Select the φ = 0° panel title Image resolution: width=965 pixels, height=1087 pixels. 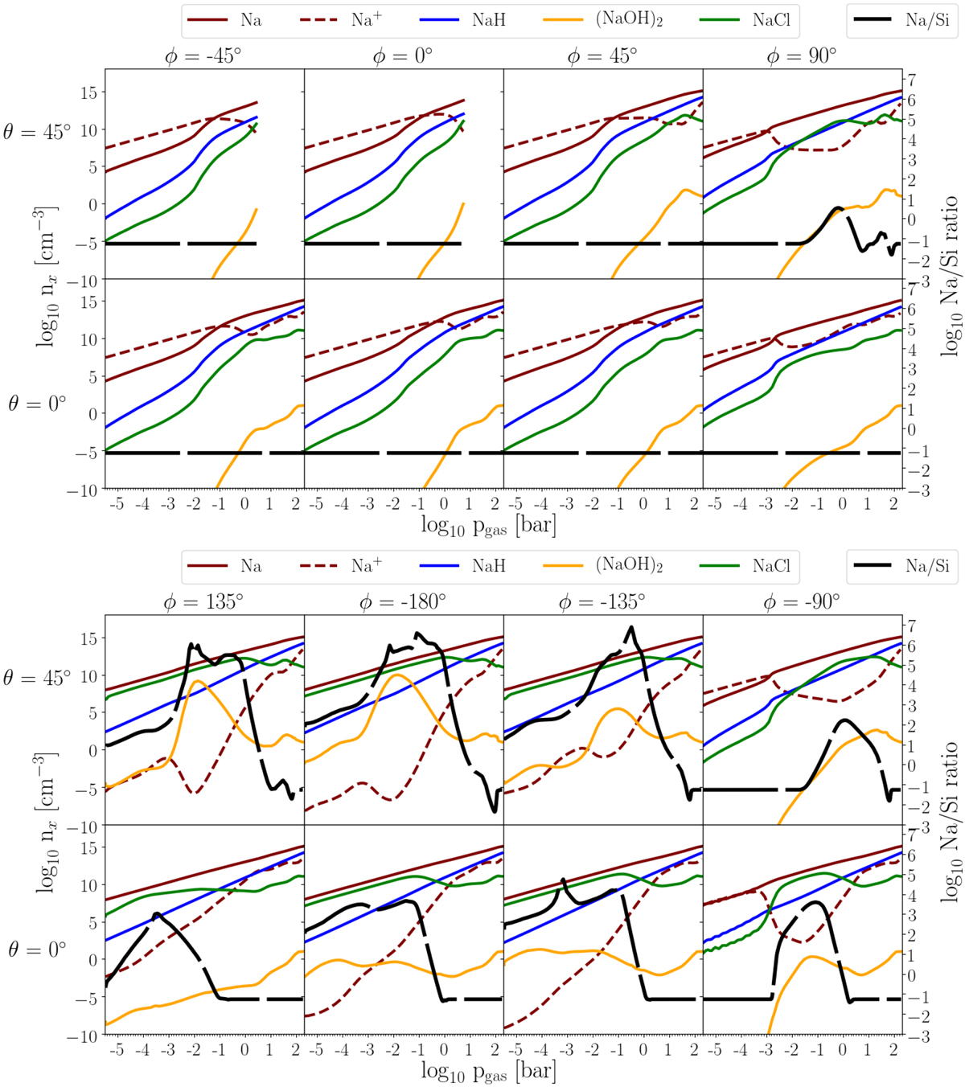pyautogui.click(x=403, y=56)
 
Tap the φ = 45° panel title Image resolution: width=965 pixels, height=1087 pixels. pyautogui.click(x=602, y=56)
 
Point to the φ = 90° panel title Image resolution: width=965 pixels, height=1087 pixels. pyautogui.click(x=802, y=56)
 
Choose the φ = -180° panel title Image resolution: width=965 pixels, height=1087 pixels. pyautogui.click(x=403, y=602)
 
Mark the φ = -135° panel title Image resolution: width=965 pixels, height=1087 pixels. pyautogui.click(x=602, y=602)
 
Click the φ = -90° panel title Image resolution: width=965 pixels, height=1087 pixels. pyautogui.click(x=802, y=602)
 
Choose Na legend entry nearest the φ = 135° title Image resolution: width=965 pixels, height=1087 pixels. pyautogui.click(x=227, y=566)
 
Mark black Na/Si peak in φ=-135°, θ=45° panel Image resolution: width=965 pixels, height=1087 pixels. pyautogui.click(x=631, y=627)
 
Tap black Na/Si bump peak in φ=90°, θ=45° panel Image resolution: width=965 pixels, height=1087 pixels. pyautogui.click(x=837, y=207)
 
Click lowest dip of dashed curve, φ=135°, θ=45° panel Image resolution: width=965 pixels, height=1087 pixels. pyautogui.click(x=194, y=794)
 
